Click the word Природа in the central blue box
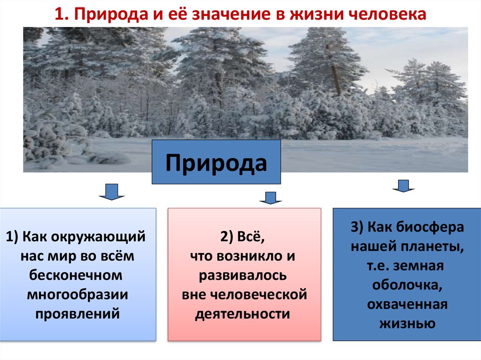tap(216, 162)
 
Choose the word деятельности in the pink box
tap(243, 314)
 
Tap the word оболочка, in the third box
tap(407, 284)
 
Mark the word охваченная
tap(407, 304)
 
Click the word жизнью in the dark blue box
tap(407, 323)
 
